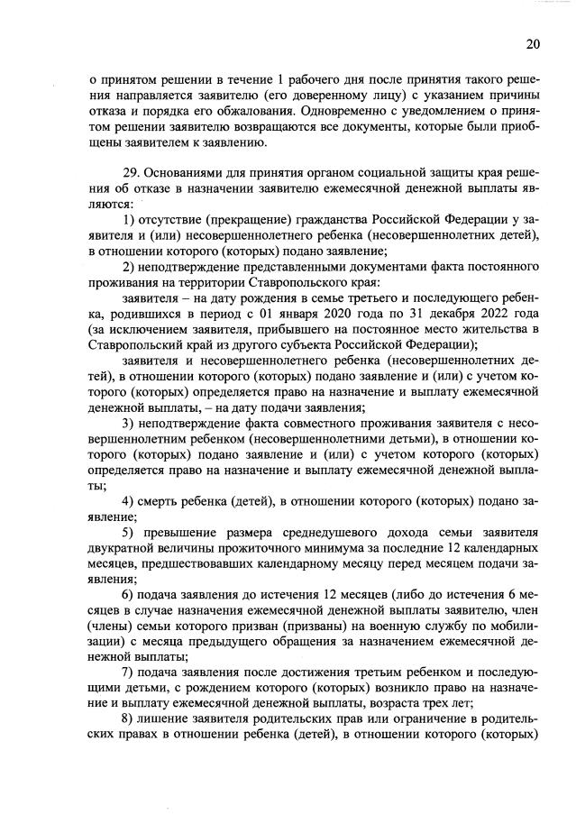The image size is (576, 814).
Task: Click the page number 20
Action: tap(532, 43)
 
